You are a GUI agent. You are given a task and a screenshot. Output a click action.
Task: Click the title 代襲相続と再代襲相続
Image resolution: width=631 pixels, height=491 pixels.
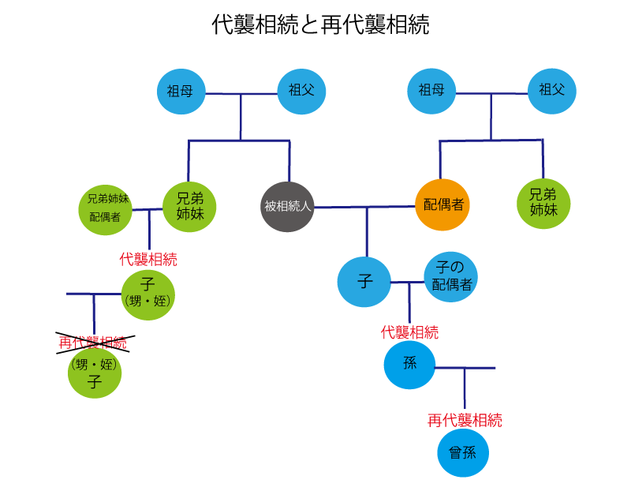pyautogui.click(x=320, y=25)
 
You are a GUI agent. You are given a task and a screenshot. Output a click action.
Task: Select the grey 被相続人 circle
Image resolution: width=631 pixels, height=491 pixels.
pyautogui.click(x=289, y=207)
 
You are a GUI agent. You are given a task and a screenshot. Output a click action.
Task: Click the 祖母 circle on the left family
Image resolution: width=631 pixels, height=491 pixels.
pyautogui.click(x=181, y=91)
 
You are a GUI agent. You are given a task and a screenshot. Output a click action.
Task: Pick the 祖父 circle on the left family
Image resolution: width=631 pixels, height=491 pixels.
pyautogui.click(x=301, y=91)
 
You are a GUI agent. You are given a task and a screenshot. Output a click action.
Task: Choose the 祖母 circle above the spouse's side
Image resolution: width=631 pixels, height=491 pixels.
pyautogui.click(x=431, y=91)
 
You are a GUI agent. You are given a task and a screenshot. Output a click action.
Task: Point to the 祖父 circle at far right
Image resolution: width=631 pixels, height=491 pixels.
pyautogui.click(x=552, y=91)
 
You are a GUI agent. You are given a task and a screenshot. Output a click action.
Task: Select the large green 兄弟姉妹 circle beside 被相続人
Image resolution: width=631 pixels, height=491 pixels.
pyautogui.click(x=189, y=207)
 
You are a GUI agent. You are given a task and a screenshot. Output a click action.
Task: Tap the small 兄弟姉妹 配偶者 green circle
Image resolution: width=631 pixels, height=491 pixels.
pyautogui.click(x=106, y=210)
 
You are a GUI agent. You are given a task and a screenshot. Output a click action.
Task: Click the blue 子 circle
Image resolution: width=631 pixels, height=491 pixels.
pyautogui.click(x=364, y=281)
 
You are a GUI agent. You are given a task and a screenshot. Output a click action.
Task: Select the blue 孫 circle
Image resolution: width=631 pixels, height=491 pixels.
pyautogui.click(x=410, y=365)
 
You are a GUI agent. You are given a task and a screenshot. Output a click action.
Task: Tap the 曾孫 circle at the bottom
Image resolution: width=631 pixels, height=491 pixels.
pyautogui.click(x=464, y=453)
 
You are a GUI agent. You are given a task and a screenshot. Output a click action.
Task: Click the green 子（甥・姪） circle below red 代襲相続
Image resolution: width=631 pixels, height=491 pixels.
pyautogui.click(x=148, y=294)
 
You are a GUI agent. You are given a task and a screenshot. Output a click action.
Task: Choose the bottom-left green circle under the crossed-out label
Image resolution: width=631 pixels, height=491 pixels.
pyautogui.click(x=95, y=374)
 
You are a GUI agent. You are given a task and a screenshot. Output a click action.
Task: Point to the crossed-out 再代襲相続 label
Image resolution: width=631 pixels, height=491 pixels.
pyautogui.click(x=93, y=343)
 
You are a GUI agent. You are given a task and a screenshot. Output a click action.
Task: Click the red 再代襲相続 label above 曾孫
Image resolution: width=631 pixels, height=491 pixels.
pyautogui.click(x=465, y=420)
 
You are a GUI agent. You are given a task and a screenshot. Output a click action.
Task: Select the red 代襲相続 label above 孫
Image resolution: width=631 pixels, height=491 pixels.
pyautogui.click(x=409, y=332)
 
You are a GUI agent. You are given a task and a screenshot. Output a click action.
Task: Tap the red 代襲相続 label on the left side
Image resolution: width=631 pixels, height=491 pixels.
pyautogui.click(x=148, y=259)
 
